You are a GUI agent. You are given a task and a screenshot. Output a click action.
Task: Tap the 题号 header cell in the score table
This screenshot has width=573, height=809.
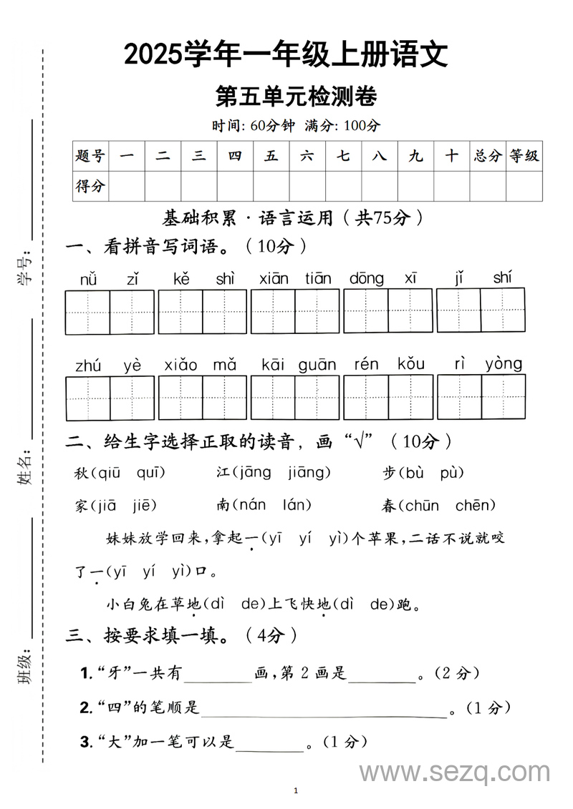click(90, 156)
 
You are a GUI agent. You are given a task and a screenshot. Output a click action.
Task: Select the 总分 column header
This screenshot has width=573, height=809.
click(488, 156)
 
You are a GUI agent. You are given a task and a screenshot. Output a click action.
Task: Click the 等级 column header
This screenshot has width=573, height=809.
click(524, 156)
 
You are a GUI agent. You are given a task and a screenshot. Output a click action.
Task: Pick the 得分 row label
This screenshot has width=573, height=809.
click(90, 187)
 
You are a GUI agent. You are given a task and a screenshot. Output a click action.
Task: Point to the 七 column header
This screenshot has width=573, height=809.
click(343, 156)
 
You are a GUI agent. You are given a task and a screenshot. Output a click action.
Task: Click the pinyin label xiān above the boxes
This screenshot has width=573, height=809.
click(274, 278)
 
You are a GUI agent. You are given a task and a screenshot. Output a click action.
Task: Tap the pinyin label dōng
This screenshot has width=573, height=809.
click(366, 278)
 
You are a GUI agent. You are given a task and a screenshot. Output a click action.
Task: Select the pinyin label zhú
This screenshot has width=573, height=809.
click(88, 366)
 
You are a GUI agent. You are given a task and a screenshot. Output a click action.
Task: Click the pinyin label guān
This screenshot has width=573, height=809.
click(317, 365)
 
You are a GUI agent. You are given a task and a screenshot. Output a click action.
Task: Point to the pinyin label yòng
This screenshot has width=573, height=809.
click(504, 364)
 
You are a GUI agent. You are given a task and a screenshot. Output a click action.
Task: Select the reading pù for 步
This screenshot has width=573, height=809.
click(451, 473)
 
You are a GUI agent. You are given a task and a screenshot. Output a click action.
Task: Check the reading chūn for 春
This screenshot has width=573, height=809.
click(422, 506)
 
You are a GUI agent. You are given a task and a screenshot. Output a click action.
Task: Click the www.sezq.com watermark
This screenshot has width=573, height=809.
click(454, 773)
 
